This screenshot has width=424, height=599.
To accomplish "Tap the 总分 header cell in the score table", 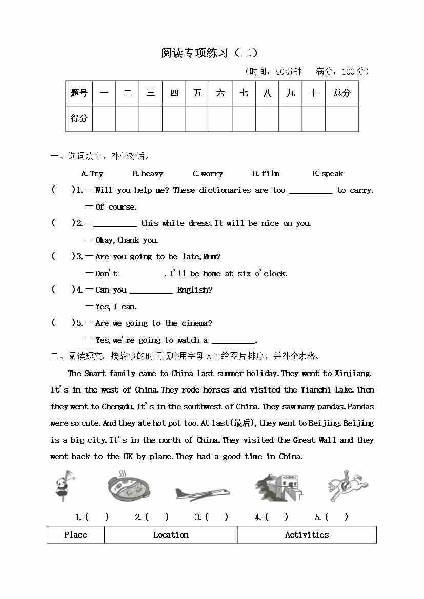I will coord(341,93).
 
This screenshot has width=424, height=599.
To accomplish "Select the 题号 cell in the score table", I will coord(79,93).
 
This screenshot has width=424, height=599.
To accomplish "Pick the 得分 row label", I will coord(79,119).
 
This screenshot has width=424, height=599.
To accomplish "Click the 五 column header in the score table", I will coord(197,93).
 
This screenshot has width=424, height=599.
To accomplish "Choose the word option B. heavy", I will coord(148,174).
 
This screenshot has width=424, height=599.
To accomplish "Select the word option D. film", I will coord(266,174).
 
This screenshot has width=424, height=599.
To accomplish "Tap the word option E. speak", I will coord(327,174).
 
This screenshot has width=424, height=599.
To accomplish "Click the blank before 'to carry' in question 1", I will coord(311,191).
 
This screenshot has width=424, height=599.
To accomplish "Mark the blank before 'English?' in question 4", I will coord(151,291).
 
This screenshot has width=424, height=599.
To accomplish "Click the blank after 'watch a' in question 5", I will coord(233,341).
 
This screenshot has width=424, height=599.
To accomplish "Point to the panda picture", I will coord(65,485).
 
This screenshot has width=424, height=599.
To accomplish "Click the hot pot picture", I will coord(128,487).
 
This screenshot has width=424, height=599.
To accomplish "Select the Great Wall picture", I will coord(278,487).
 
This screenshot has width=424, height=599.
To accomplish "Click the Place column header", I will coord(75,534).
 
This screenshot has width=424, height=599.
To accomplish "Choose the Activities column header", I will coord(307,534).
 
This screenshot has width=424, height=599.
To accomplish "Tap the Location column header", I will coord(171,534).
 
